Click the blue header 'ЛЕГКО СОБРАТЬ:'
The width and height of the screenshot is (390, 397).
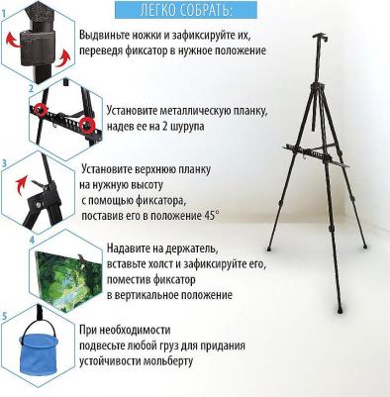click(x=186, y=10)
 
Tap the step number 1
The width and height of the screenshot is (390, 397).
click(x=4, y=14)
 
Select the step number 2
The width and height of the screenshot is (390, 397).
click(x=32, y=89)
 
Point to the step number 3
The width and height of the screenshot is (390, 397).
click(x=4, y=163)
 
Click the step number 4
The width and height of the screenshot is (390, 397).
click(x=32, y=240)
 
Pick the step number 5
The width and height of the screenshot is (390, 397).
click(x=4, y=316)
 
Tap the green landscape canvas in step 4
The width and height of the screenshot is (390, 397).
click(x=67, y=279)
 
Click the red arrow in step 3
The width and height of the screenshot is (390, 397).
click(x=22, y=183)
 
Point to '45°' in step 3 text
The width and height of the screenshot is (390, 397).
click(x=210, y=216)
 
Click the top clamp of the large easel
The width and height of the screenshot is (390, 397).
click(x=321, y=37)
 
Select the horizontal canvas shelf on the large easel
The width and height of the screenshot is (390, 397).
click(x=316, y=154)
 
